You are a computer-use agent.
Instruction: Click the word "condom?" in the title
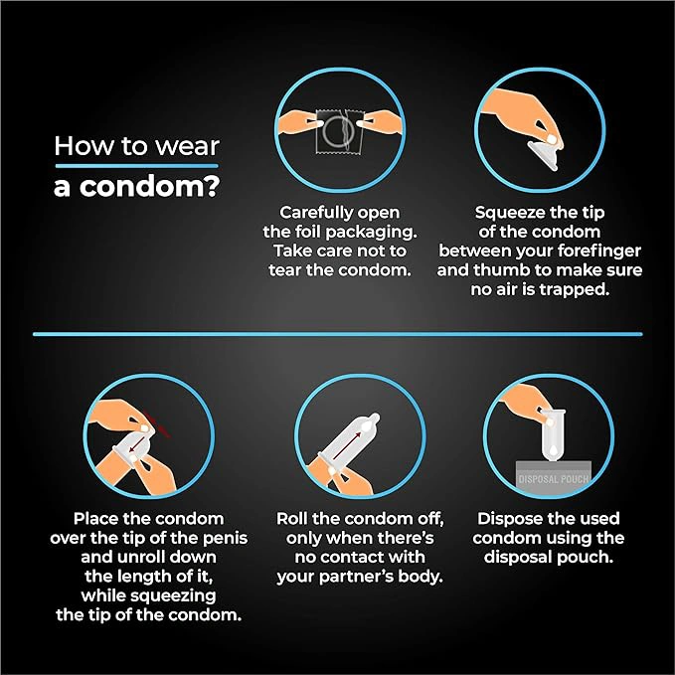150,187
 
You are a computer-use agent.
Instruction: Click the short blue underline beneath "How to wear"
136,166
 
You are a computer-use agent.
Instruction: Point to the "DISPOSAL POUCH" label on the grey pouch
554,479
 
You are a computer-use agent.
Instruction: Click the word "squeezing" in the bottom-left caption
173,595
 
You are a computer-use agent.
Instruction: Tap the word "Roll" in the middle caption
292,519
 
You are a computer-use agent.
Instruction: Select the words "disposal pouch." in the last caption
549,557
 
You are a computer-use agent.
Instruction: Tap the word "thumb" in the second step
501,270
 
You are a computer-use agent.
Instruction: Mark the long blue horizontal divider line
338,334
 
